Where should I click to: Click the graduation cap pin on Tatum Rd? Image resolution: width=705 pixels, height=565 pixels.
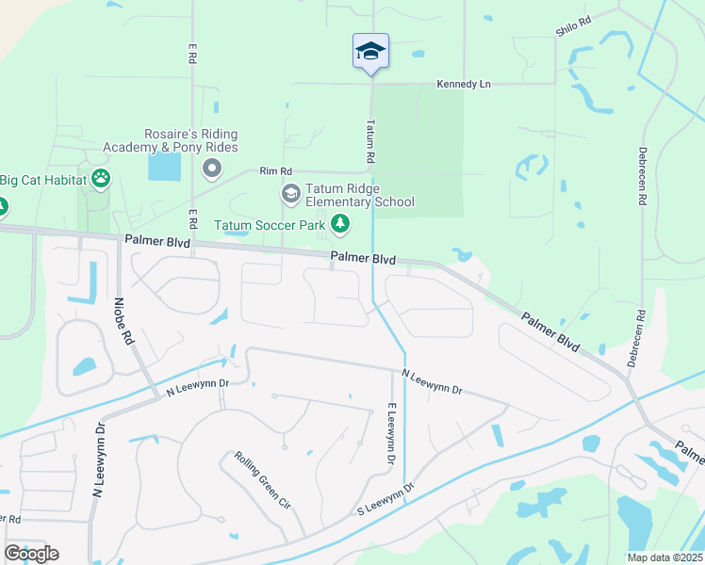[x=370, y=52]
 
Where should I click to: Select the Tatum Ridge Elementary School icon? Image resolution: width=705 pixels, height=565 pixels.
[x=290, y=194]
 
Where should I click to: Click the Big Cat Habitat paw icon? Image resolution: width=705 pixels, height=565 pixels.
[x=101, y=179]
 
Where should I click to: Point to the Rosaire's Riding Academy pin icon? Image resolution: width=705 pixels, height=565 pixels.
[x=212, y=169]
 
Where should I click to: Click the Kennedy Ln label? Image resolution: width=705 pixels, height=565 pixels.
[x=464, y=84]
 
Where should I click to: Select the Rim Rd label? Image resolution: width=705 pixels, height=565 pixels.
[x=276, y=171]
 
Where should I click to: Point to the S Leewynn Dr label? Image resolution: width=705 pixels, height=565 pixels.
[x=385, y=499]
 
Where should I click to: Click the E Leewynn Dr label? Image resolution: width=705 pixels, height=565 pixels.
[x=389, y=432]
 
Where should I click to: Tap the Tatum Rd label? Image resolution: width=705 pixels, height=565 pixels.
[x=370, y=140]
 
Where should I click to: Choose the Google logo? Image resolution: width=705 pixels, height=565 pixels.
[x=31, y=553]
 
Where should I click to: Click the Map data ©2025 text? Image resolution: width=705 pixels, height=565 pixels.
[x=664, y=557]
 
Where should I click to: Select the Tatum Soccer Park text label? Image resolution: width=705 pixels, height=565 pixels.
[x=269, y=225]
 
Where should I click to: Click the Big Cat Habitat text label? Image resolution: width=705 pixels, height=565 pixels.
[x=41, y=179]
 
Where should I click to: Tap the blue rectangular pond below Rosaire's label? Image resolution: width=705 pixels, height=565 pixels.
[x=164, y=168]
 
